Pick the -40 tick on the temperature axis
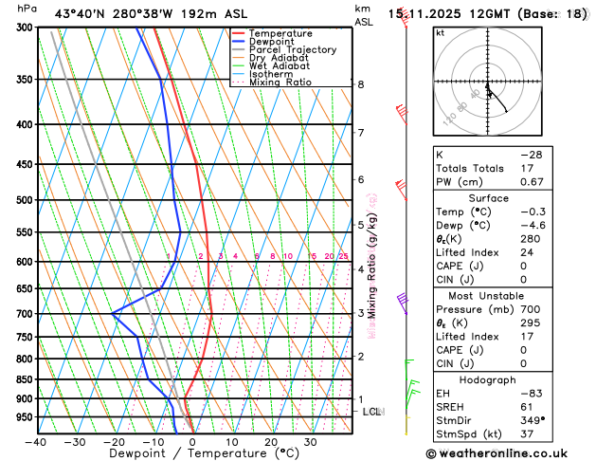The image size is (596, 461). tap(37, 442)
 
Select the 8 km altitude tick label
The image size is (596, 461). tap(361, 84)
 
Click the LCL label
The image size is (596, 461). tap(371, 412)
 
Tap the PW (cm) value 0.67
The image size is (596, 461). tap(531, 182)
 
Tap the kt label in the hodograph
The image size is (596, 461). tap(440, 33)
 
